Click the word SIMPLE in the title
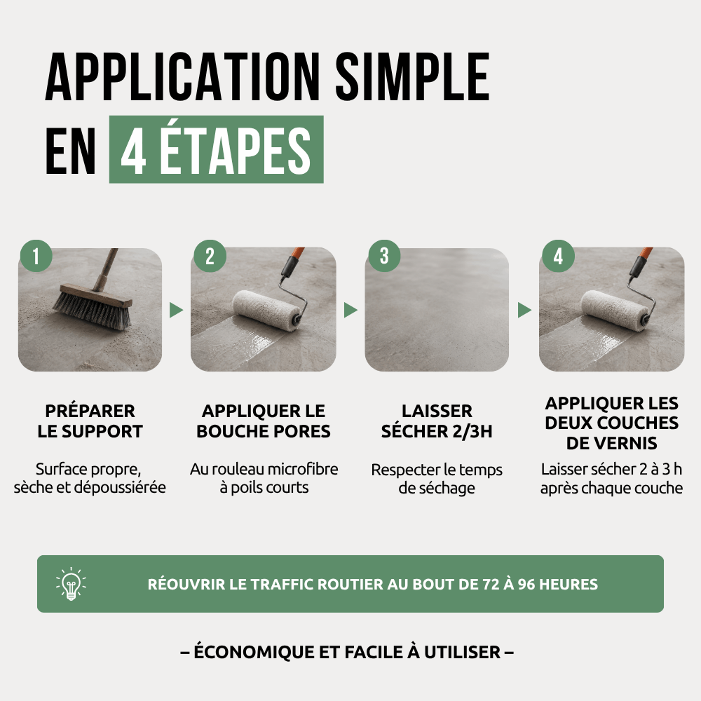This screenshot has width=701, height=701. pyautogui.click(x=412, y=77)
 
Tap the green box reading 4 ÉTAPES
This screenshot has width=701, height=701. pyautogui.click(x=217, y=149)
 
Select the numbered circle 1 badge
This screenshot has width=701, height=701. pyautogui.click(x=36, y=256)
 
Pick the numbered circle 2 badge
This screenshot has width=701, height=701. pyautogui.click(x=210, y=256)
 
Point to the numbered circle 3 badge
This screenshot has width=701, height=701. pyautogui.click(x=384, y=256)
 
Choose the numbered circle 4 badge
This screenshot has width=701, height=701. pyautogui.click(x=559, y=256)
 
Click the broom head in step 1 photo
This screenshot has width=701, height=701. pyautogui.click(x=93, y=306)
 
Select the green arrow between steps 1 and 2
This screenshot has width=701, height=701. pyautogui.click(x=176, y=310)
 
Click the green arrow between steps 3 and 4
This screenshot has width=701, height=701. pyautogui.click(x=524, y=310)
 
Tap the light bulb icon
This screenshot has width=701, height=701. pyautogui.click(x=71, y=583)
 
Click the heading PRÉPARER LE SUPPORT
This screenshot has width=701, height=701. pyautogui.click(x=90, y=421)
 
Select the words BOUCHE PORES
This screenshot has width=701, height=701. pyautogui.click(x=264, y=431)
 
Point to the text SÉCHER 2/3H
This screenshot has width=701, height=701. pyautogui.click(x=437, y=431)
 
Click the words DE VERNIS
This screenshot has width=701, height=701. pyautogui.click(x=611, y=443)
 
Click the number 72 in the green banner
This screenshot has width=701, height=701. pyautogui.click(x=491, y=585)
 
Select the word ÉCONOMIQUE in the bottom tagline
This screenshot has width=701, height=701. pyautogui.click(x=254, y=652)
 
